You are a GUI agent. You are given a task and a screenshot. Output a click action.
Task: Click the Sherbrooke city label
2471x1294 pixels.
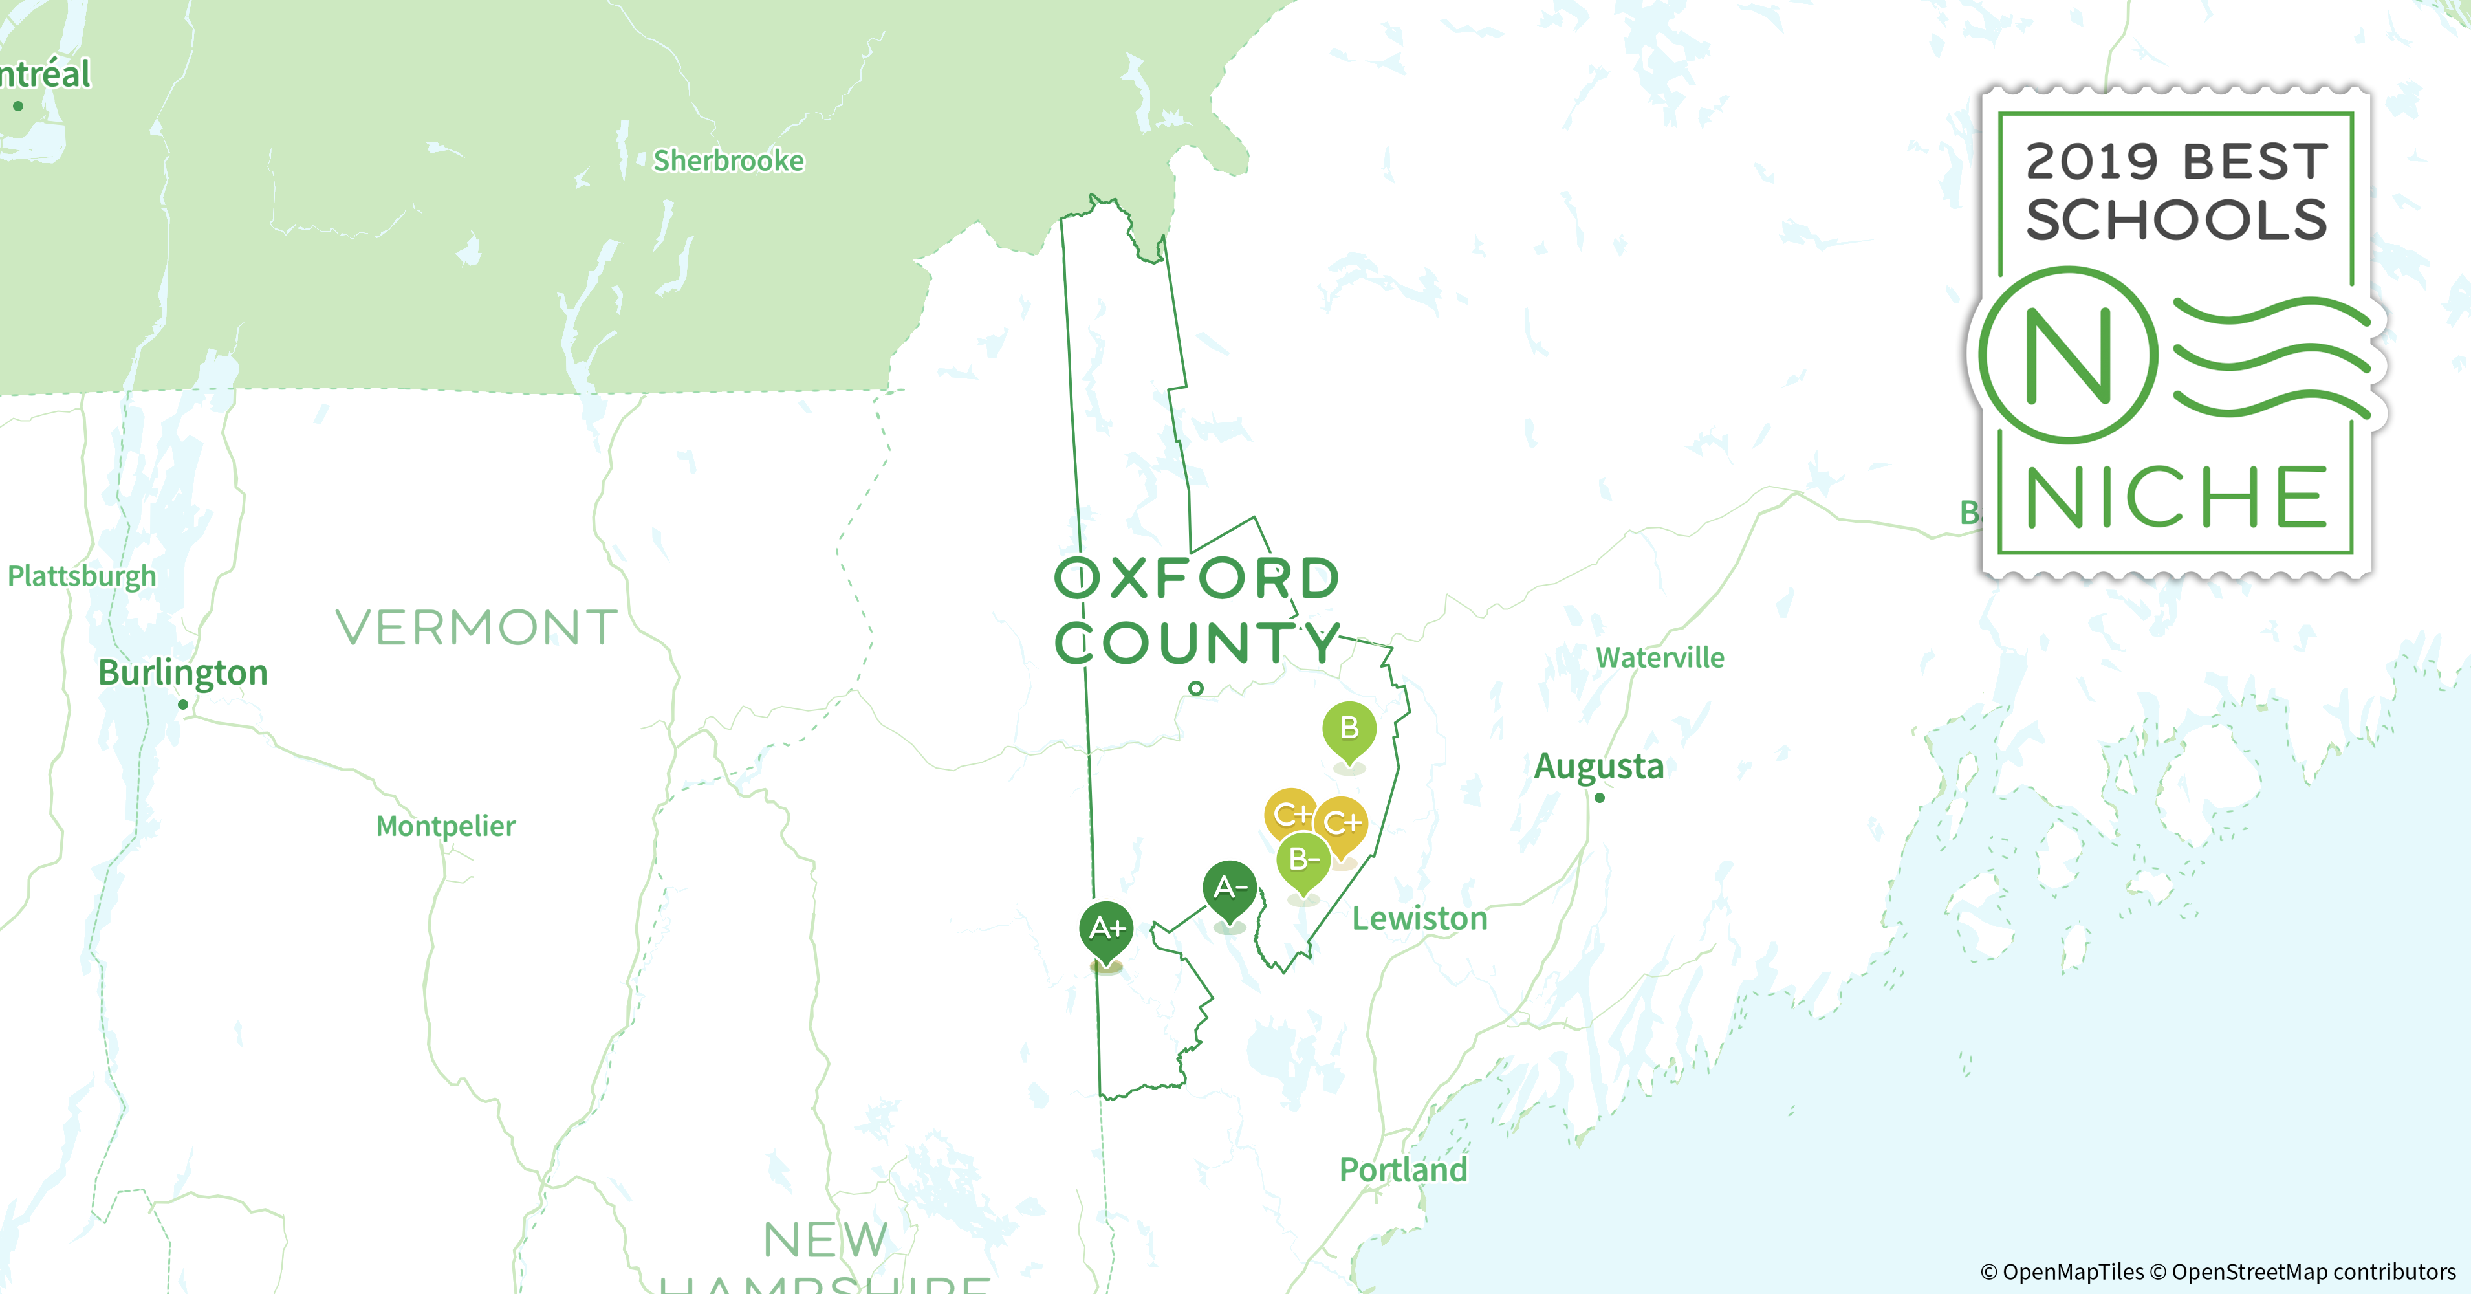(728, 161)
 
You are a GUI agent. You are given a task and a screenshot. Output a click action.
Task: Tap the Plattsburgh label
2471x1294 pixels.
(82, 576)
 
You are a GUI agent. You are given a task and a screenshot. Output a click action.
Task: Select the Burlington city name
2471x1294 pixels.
(182, 672)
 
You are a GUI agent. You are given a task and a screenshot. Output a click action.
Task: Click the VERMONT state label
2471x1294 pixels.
(477, 628)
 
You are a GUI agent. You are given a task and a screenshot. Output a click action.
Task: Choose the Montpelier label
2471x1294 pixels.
(445, 826)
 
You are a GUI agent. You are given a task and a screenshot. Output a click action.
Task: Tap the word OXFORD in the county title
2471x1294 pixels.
(1196, 578)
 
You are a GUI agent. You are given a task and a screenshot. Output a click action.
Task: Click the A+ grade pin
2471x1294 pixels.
(1106, 928)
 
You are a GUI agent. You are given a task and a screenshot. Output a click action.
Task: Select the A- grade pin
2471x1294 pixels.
(1230, 887)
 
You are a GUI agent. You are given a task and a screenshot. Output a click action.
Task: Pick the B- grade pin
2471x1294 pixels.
(1303, 859)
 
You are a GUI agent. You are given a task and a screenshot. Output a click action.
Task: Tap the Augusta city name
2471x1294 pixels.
(1598, 767)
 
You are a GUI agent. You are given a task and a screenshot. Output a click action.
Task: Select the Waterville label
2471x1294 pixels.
(1659, 658)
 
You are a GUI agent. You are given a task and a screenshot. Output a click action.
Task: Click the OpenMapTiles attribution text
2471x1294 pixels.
(2062, 1272)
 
